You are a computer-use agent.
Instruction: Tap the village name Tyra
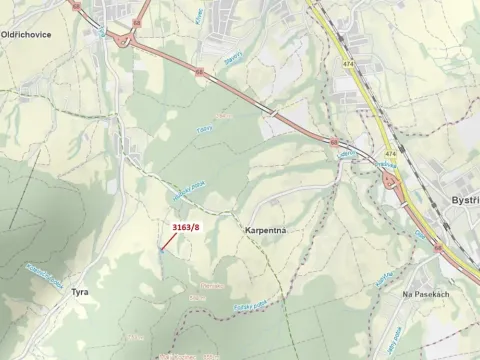point(80,293)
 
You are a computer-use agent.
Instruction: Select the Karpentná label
point(266,229)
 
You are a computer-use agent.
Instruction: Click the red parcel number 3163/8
point(186,227)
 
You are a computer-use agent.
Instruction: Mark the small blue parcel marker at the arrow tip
point(162,252)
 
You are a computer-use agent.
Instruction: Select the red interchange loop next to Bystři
point(388,180)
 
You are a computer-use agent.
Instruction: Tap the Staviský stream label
point(234,59)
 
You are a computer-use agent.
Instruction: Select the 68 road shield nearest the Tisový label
point(200,72)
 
